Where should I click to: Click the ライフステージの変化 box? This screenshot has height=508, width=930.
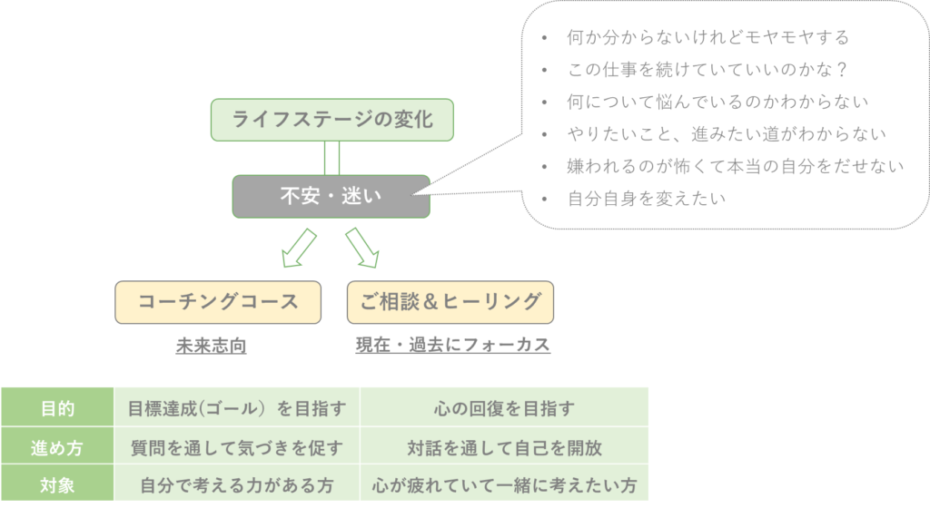pyautogui.click(x=331, y=120)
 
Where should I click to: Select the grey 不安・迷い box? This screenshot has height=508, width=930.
pyautogui.click(x=331, y=196)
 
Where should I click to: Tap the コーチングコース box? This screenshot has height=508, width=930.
pyautogui.click(x=218, y=302)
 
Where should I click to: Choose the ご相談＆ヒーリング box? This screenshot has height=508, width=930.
pyautogui.click(x=450, y=302)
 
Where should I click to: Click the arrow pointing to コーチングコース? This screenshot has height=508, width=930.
pyautogui.click(x=299, y=249)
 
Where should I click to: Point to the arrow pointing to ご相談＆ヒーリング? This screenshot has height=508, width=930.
pyautogui.click(x=361, y=248)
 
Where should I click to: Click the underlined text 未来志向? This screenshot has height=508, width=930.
pyautogui.click(x=211, y=346)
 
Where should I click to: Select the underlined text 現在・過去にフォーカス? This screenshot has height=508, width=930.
pyautogui.click(x=452, y=346)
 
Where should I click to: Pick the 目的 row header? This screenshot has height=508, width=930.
pyautogui.click(x=57, y=408)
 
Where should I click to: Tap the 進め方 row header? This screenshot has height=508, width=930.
pyautogui.click(x=57, y=447)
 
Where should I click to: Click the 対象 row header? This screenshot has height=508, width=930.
pyautogui.click(x=57, y=485)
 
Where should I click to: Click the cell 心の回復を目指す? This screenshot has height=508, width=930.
pyautogui.click(x=504, y=408)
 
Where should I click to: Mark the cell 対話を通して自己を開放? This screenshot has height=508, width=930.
pyautogui.click(x=504, y=447)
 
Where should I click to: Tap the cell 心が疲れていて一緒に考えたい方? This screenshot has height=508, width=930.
pyautogui.click(x=504, y=485)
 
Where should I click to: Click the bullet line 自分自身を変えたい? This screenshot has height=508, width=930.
pyautogui.click(x=646, y=198)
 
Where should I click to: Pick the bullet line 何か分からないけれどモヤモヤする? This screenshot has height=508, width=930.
pyautogui.click(x=707, y=38)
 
